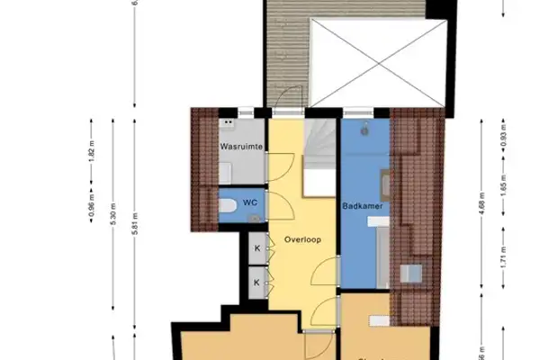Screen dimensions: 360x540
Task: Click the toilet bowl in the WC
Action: [229, 207]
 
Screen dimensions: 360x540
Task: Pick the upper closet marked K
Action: [257, 248]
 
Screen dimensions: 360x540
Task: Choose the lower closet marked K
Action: [257, 282]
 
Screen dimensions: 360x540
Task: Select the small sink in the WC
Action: [255, 216]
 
